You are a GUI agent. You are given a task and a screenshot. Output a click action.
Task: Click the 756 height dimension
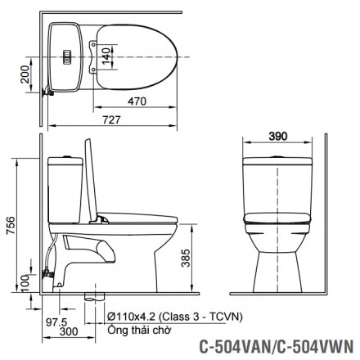coord(11,222)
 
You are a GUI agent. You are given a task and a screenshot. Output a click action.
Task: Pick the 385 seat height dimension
coord(187,259)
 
